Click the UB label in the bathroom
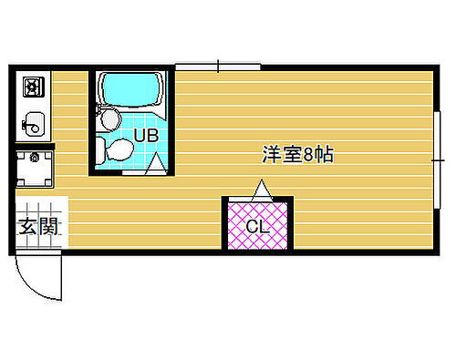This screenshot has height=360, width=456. pos(147,136)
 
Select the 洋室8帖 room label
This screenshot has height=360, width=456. pos(297,155)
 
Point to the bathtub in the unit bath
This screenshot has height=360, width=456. pos(131,90)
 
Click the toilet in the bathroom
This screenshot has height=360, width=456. pos(119,149)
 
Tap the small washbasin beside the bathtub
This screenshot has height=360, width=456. pos(109,117)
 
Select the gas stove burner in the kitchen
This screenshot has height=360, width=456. pos(34,88)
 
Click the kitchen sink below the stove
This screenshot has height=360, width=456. pos(34,120)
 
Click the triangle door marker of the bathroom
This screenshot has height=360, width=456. pos(157,165)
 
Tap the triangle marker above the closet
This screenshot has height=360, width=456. pos(262,190)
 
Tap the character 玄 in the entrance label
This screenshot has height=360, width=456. pos(28,227)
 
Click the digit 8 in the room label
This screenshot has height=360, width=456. pos(310,155)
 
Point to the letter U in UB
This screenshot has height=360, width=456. pos(140,136)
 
